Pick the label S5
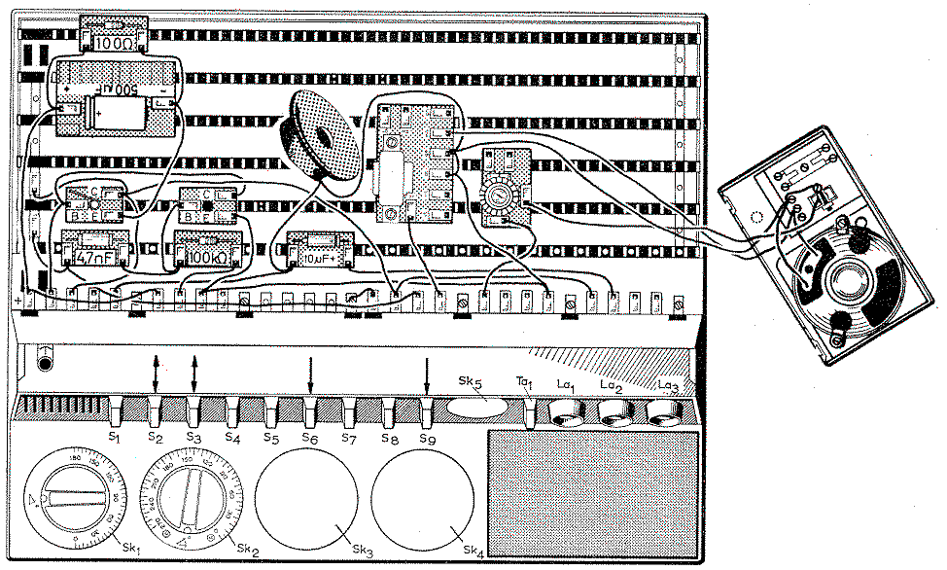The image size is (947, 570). tap(271, 438)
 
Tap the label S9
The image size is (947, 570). tap(427, 438)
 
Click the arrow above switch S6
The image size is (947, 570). tap(310, 374)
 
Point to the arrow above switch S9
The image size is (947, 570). tap(427, 374)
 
